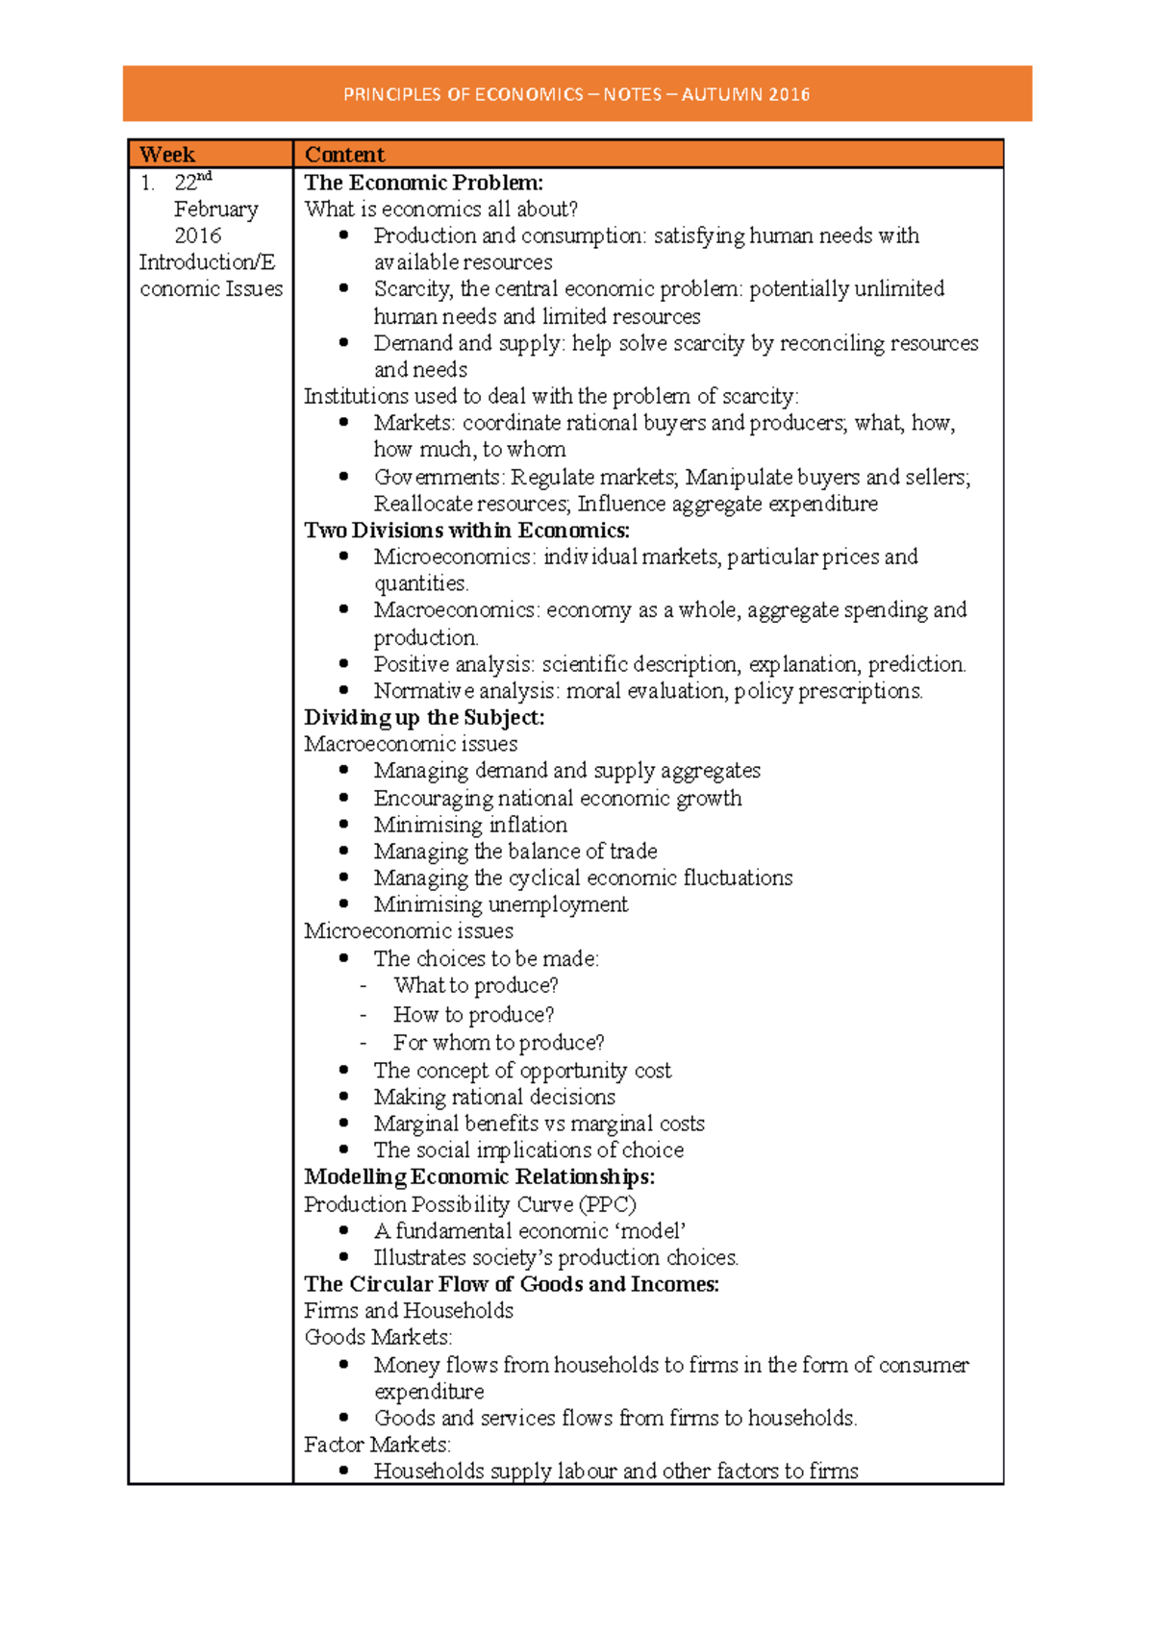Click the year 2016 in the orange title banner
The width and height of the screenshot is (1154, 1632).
[x=789, y=94]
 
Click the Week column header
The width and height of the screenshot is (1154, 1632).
[x=167, y=155]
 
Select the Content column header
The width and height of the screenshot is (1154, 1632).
[x=344, y=155]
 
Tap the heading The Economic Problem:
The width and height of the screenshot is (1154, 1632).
[x=423, y=183]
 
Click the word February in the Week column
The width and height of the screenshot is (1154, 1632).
[x=216, y=210]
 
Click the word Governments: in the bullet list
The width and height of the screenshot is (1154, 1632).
[x=439, y=478]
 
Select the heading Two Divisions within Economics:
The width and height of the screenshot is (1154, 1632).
[x=466, y=531]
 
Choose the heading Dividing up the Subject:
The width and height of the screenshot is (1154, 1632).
[x=424, y=718]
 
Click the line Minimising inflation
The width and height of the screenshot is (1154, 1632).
[x=470, y=825]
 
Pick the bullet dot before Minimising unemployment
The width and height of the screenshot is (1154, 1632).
[x=344, y=904]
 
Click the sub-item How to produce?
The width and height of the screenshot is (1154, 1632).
[x=473, y=1015]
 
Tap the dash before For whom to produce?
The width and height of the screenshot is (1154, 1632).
[x=364, y=1043]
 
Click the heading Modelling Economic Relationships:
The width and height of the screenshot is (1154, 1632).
[x=479, y=1177]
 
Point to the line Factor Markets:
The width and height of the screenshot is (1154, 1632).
[x=377, y=1445]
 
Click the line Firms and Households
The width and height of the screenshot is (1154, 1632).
[x=409, y=1311]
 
